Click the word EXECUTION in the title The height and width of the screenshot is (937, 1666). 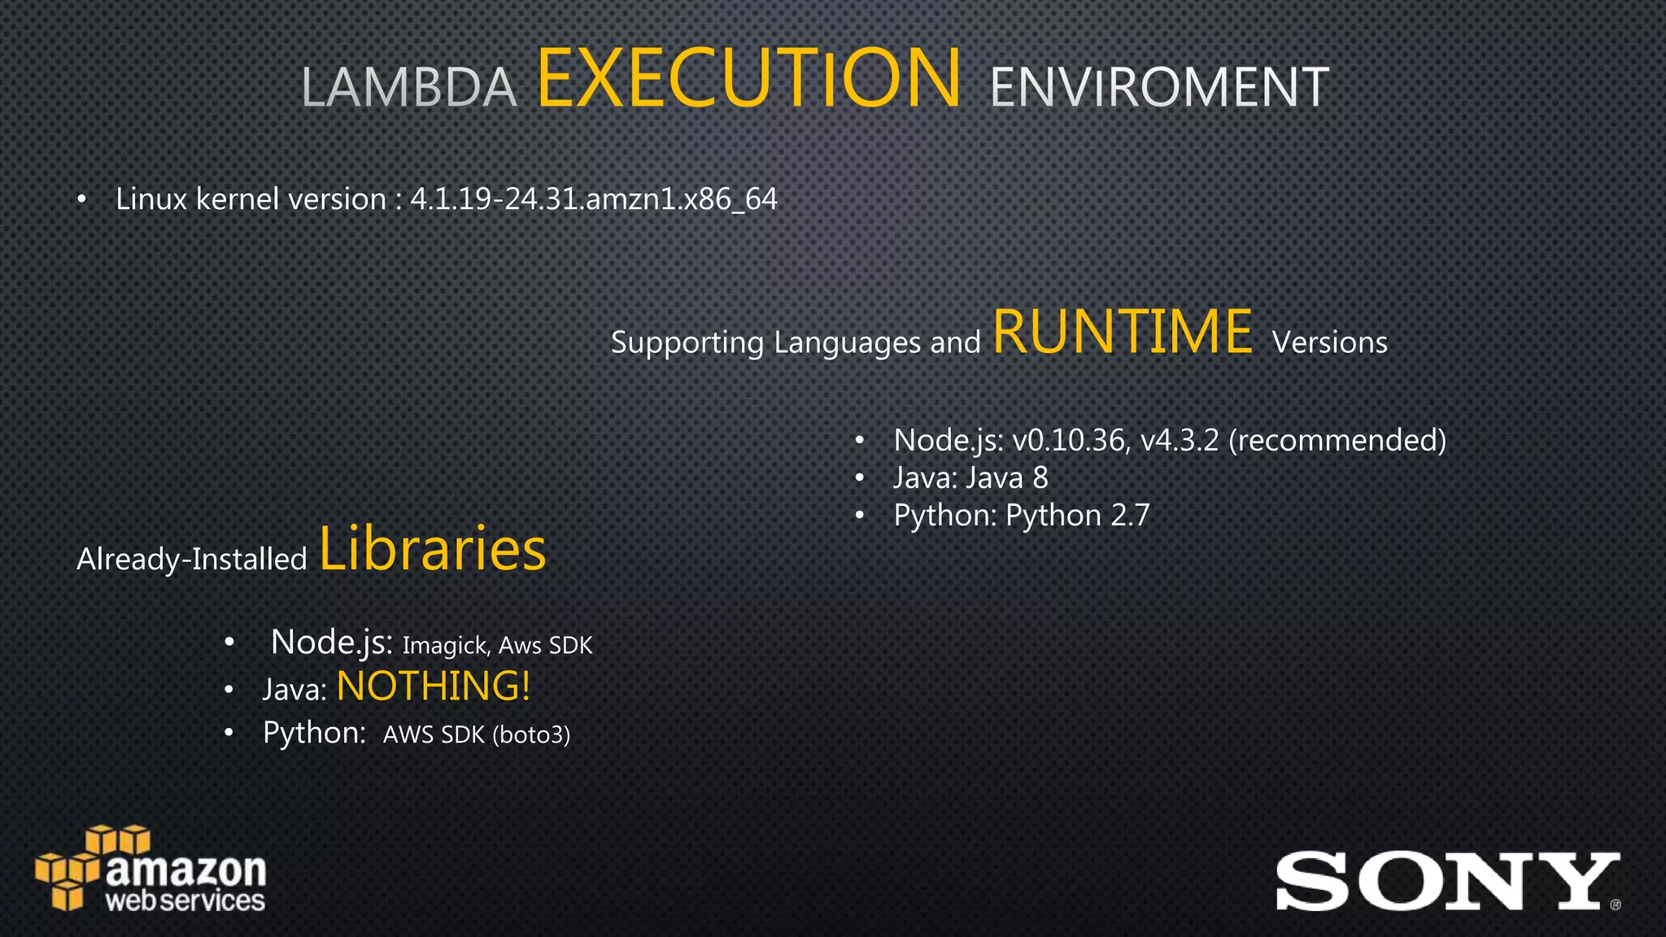pos(748,78)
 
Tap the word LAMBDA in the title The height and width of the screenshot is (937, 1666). pos(409,88)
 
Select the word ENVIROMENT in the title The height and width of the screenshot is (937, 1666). pos(1159,88)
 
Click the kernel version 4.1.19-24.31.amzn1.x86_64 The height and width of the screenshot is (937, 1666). pos(594,199)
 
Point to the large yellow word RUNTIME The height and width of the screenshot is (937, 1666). pos(1123,332)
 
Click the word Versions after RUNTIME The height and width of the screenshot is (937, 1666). pos(1330,342)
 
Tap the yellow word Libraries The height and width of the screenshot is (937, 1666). pos(432,549)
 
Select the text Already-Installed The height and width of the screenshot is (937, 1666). pos(192,560)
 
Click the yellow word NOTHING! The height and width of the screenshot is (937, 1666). pos(434,686)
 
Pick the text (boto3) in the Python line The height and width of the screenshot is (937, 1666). pos(531,735)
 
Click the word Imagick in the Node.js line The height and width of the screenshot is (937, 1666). pos(444,646)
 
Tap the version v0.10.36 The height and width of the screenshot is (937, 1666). pos(1069,441)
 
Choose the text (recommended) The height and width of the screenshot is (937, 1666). pos(1337,441)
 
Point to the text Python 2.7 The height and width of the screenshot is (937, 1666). pos(1078,516)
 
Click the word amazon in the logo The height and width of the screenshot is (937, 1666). pos(186,870)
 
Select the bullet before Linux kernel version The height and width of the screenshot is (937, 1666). pos(81,200)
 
